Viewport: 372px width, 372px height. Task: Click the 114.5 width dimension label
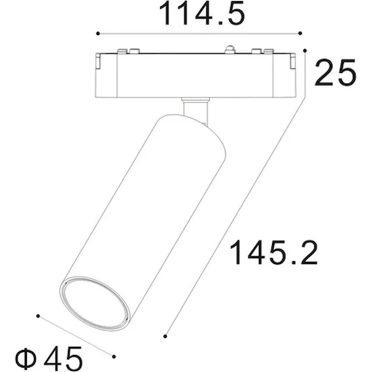pos(202,13)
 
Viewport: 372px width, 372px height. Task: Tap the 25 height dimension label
pos(335,72)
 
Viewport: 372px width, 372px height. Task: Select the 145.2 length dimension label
pos(274,252)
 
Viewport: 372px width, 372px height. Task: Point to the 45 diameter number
pos(63,359)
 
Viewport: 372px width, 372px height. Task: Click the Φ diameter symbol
pos(26,359)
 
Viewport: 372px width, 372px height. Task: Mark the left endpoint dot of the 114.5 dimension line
pos(98,33)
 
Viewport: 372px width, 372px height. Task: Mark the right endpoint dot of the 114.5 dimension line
pos(300,33)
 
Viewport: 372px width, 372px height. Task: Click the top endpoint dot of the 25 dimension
pos(305,50)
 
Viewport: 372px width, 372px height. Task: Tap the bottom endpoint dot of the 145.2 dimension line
pos(165,336)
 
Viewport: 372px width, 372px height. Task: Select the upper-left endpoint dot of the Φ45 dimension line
pos(38,316)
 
